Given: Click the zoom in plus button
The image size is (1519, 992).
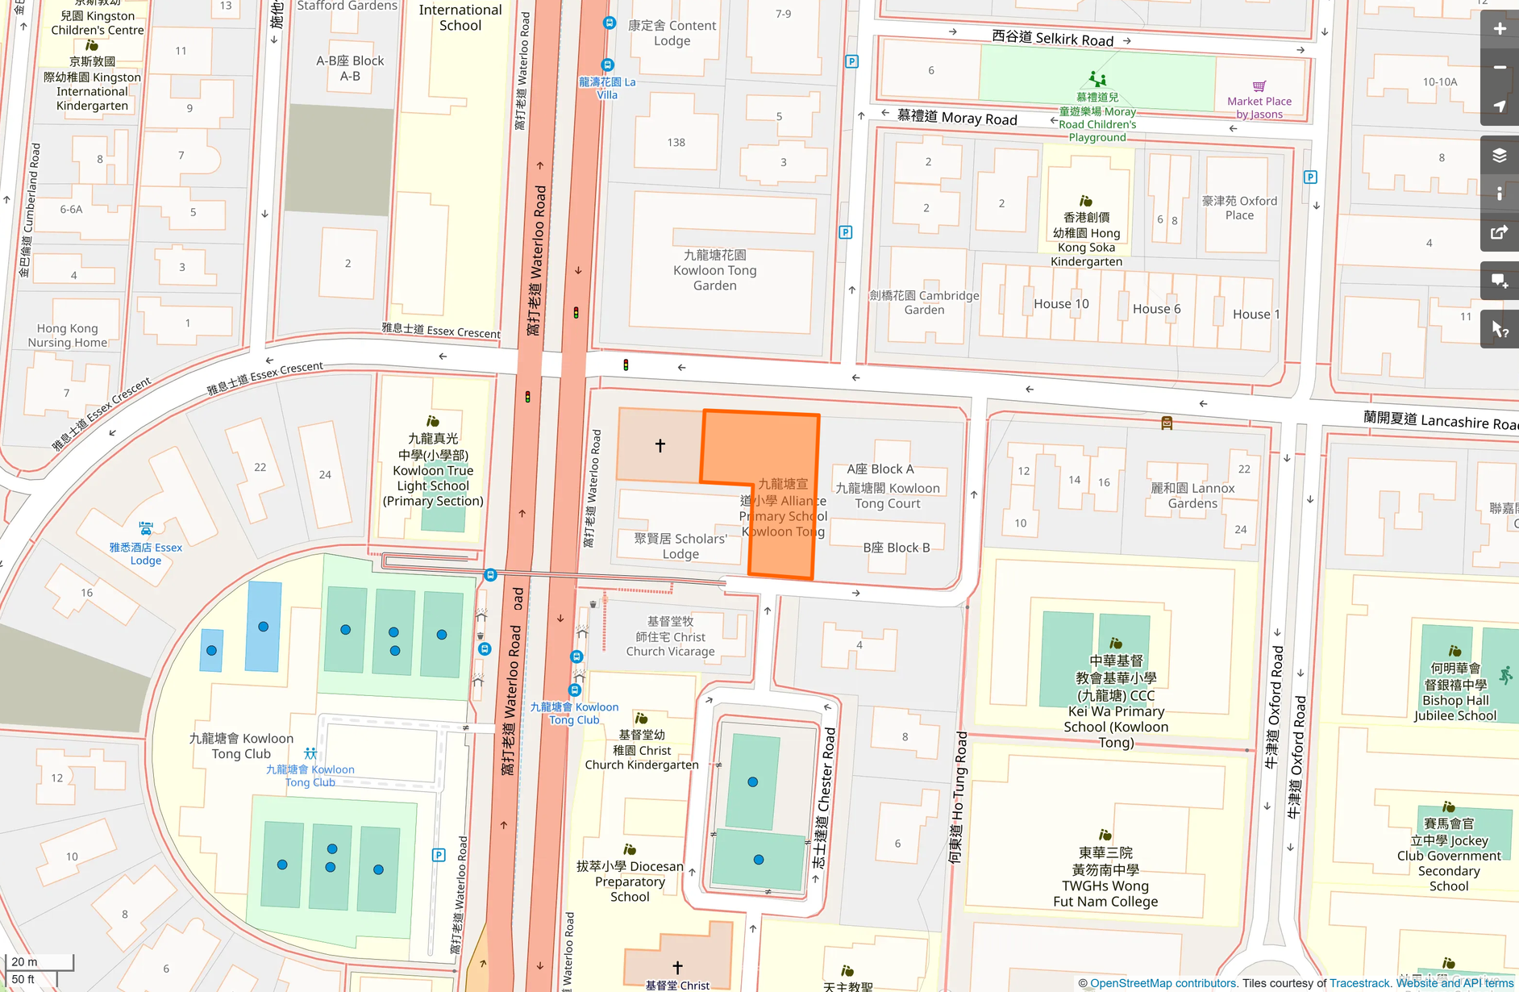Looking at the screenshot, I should coord(1499,29).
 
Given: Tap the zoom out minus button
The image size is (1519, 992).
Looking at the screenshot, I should coord(1499,68).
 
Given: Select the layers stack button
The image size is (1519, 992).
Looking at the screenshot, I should coord(1499,156).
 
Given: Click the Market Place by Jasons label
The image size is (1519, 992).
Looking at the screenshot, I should coord(1259,106).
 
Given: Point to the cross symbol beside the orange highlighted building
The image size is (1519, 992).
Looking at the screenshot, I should coord(660,445).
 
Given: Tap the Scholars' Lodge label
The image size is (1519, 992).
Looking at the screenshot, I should coord(680,546).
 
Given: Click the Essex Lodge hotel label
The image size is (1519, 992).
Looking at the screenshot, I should coord(146,553).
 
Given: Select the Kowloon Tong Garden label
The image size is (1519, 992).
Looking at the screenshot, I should coord(714,270).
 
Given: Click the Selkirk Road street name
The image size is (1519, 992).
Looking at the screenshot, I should coord(1052,38).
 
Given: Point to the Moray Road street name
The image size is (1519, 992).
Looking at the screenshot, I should coord(957,118).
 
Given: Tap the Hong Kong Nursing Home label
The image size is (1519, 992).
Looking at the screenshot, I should coord(67,336).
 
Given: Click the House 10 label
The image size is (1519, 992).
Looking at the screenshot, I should coord(1061,304).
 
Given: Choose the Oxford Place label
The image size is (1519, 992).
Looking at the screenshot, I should coord(1239,208).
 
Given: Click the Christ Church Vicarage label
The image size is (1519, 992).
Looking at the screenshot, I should coord(670,636).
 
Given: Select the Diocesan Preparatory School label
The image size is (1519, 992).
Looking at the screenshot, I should coord(630,882).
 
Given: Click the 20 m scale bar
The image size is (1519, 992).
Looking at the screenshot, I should coord(40,962).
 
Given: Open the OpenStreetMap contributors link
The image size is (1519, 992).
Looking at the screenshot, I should coord(1163,983).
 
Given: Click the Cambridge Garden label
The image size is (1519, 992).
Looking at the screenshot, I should coord(924,302).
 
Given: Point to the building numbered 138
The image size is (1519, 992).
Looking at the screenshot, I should coord(676,143).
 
